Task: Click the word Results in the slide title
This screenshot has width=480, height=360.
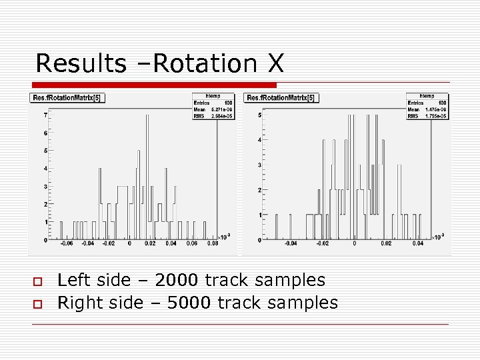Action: pos(80,63)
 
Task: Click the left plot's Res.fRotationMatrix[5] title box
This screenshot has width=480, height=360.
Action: pos(68,98)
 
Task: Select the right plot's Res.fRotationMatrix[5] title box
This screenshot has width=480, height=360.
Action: pos(283,98)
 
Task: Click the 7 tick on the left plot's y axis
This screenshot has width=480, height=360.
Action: pos(45,115)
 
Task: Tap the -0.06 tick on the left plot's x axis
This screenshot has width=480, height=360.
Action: pos(67,244)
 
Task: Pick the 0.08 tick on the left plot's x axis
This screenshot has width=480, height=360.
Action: pos(212,244)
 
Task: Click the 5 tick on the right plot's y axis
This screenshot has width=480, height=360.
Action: pos(260,115)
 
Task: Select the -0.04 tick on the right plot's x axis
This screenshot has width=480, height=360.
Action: pos(290,244)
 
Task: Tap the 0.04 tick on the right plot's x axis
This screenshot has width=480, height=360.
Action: pos(418,244)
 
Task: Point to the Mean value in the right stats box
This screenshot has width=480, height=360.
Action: pos(438,109)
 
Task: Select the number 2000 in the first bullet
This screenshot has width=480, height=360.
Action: pos(175,281)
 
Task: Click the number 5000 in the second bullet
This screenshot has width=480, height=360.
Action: pos(189,303)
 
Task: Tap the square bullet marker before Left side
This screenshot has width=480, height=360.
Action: pos(37,281)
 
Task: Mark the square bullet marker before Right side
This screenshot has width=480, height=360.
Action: pos(37,303)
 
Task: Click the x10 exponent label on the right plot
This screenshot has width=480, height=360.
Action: pos(437,236)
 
